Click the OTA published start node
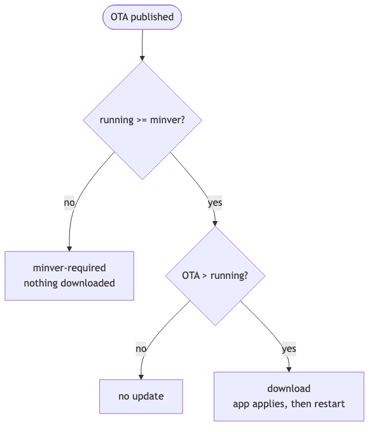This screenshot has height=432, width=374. coord(142,17)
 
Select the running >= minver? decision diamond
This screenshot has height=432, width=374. coord(142,120)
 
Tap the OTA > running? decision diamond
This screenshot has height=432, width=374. coord(215,276)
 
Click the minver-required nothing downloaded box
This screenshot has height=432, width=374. coord(69,276)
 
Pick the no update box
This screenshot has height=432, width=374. coord(141,396)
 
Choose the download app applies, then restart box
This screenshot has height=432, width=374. coord(289,396)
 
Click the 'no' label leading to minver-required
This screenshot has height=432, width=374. coord(69,203)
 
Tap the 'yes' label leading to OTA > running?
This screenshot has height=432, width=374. coord(215,203)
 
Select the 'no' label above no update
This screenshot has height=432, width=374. coord(141,349)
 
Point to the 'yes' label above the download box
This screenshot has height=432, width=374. coord(289,349)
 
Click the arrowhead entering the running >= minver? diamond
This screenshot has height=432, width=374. coord(142,58)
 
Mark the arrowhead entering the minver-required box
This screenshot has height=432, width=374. coord(69,248)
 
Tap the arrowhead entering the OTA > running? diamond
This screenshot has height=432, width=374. coord(215,224)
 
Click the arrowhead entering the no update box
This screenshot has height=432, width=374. coord(141,377)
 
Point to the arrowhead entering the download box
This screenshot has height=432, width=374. coord(289,370)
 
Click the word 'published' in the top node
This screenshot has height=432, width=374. coord(152,17)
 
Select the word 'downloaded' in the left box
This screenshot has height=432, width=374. coord(88,283)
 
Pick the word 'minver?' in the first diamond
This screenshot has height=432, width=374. coord(167,120)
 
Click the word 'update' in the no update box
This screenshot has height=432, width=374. coord(148,396)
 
